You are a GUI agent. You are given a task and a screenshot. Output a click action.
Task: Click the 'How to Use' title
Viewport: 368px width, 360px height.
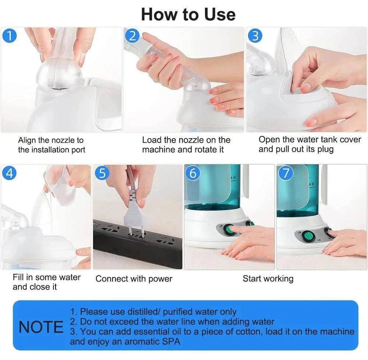coord(188,14)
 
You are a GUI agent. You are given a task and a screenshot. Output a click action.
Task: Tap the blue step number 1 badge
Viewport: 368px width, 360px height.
coord(10,36)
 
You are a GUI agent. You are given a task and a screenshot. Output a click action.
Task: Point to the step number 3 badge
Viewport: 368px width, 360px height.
coord(255,36)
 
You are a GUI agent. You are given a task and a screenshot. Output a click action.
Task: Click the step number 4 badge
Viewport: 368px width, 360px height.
coord(9,172)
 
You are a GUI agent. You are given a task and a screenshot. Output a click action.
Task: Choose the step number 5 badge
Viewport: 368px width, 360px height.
coord(102,173)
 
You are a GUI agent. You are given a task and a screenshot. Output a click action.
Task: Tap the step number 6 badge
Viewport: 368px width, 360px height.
coord(193,173)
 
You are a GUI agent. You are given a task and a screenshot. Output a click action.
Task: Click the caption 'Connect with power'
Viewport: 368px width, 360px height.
coord(134,279)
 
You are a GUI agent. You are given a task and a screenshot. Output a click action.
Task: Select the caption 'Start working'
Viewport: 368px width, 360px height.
coord(268,279)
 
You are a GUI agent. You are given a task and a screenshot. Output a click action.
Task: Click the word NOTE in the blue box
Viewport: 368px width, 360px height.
coord(41,327)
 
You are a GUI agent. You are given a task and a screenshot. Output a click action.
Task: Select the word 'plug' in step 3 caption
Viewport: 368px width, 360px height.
coord(325,149)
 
